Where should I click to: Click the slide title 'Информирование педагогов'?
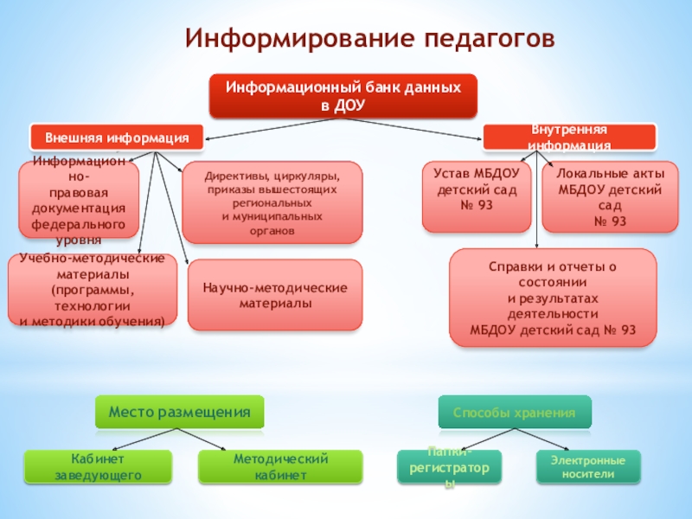click(x=367, y=39)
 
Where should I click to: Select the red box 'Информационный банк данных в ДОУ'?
click(x=343, y=96)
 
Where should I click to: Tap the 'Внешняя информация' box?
click(x=118, y=138)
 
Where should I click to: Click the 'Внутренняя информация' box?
click(x=568, y=137)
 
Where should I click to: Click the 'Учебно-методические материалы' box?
click(x=92, y=291)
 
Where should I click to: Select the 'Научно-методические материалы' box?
click(x=274, y=295)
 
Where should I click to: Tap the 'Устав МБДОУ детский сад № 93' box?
click(x=477, y=196)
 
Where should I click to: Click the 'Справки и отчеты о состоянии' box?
click(x=553, y=298)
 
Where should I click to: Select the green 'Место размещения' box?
click(x=179, y=413)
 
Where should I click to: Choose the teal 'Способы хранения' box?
click(x=515, y=413)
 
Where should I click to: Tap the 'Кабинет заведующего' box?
click(x=98, y=466)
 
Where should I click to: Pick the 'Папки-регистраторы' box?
click(x=448, y=467)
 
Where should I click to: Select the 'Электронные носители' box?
click(x=587, y=466)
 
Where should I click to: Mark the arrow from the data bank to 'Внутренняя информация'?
click(x=415, y=125)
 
